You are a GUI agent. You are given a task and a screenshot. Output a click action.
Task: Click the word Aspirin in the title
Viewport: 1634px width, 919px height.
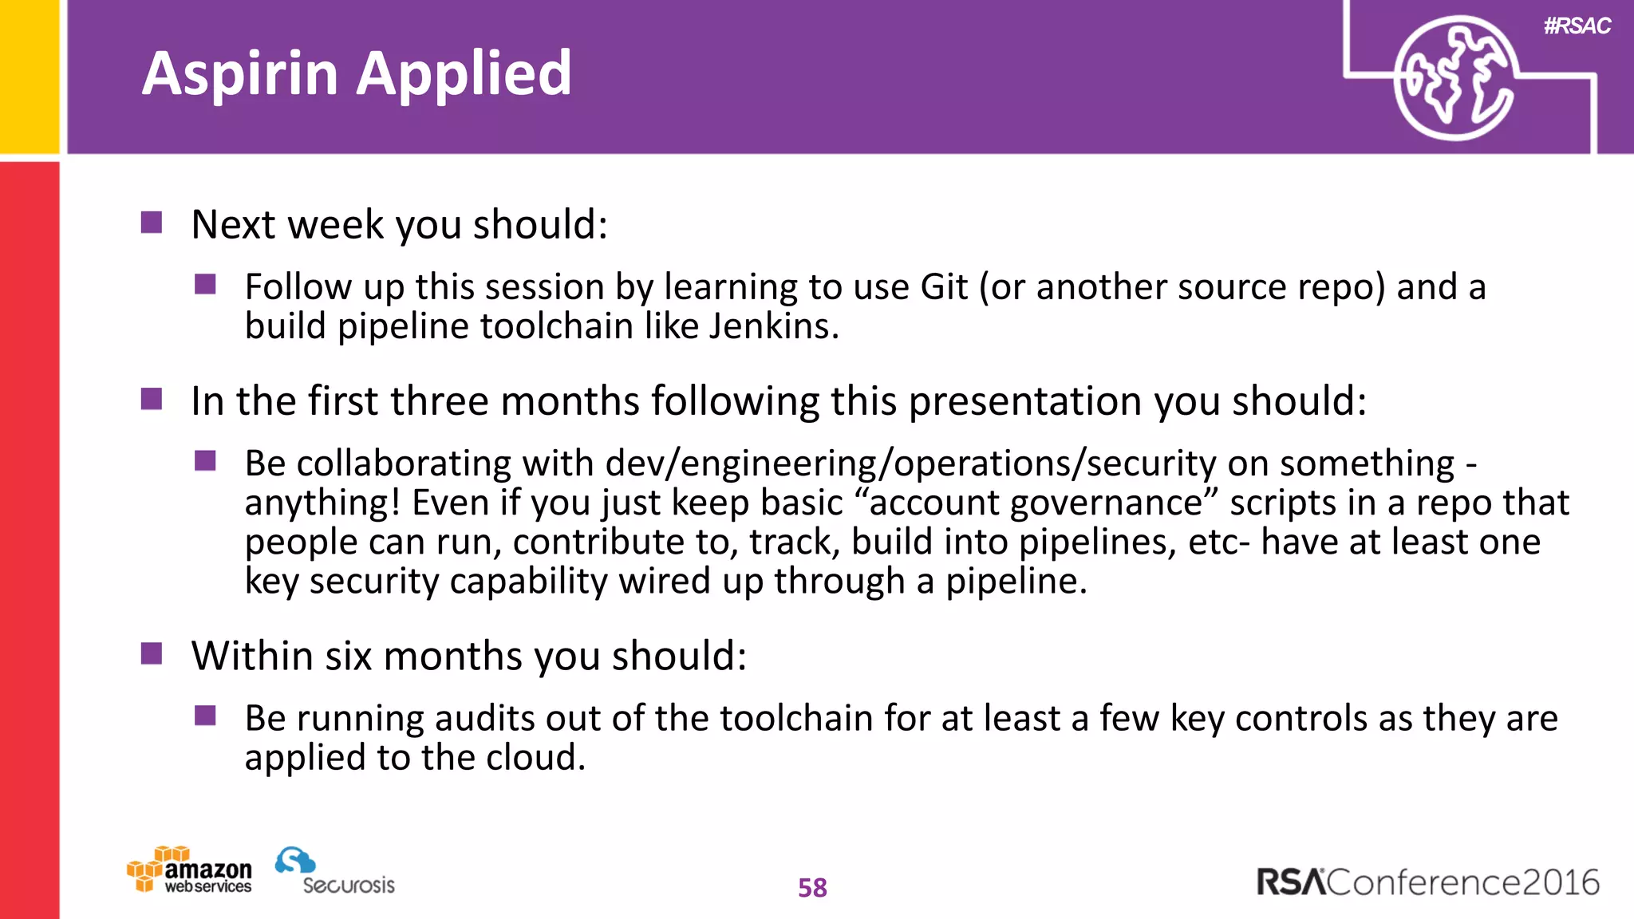(x=240, y=74)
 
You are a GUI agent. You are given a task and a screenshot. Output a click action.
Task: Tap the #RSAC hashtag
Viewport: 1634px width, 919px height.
(x=1577, y=26)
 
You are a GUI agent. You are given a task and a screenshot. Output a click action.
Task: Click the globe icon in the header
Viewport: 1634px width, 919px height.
(x=1454, y=78)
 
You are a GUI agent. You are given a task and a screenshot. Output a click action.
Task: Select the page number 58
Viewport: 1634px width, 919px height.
(x=812, y=888)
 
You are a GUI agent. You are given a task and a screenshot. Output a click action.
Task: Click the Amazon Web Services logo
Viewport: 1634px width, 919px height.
(x=190, y=870)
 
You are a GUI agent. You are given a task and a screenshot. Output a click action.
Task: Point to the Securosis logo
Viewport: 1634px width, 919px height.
(x=335, y=871)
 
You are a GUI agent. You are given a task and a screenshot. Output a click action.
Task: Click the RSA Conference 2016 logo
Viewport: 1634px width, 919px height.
(x=1427, y=882)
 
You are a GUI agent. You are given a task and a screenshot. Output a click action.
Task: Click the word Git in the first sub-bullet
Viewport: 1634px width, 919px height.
(x=944, y=287)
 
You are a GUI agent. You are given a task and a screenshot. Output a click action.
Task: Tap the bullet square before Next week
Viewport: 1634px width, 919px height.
(x=152, y=222)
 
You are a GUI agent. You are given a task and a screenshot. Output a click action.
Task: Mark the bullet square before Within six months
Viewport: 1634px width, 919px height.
(x=152, y=653)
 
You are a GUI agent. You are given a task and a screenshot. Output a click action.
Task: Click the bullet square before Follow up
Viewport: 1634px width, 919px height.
(x=205, y=284)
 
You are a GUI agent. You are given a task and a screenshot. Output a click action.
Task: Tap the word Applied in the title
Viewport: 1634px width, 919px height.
(x=464, y=74)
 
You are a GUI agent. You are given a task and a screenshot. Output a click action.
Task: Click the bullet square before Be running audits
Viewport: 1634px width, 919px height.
(x=205, y=716)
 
